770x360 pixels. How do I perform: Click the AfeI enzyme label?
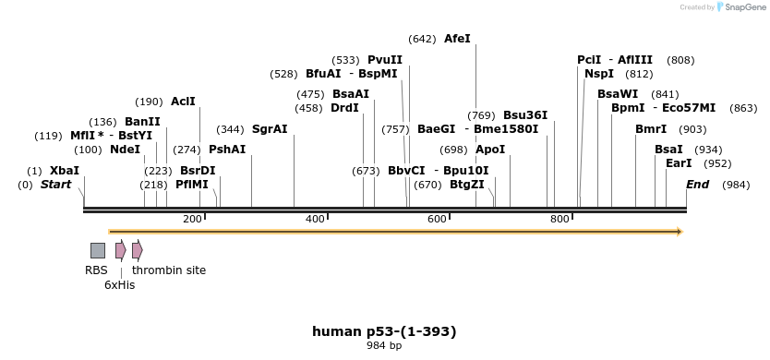[x=457, y=39]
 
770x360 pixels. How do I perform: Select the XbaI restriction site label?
[x=65, y=171]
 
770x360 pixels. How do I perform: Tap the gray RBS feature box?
[x=98, y=250]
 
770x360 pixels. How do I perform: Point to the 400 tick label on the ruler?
[x=315, y=219]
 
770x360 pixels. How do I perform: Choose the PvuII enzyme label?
[x=385, y=60]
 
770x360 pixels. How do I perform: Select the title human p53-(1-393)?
[x=384, y=331]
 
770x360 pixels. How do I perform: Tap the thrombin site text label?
[x=169, y=270]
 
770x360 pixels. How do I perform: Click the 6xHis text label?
[x=119, y=285]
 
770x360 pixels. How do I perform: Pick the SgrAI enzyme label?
[x=270, y=129]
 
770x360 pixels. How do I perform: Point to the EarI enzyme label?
[x=679, y=163]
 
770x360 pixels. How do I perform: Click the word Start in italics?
[x=55, y=185]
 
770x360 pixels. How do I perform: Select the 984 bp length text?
[x=384, y=346]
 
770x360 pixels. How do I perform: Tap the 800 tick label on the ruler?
[x=559, y=219]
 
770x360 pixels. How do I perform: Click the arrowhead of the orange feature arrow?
[x=679, y=232]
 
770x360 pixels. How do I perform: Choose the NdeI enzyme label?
[x=125, y=150]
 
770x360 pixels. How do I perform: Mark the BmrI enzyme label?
[x=651, y=129]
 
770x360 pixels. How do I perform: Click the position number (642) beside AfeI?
[x=422, y=39]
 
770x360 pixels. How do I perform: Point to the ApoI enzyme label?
[x=490, y=150]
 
